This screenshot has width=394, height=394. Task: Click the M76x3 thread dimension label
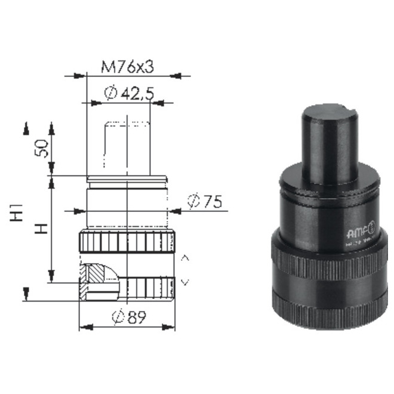tap(127, 67)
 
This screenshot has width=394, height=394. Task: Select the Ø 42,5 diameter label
tap(129, 93)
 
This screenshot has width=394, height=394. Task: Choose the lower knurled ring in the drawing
tap(143, 288)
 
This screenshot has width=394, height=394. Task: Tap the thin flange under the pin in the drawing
tap(127, 178)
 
